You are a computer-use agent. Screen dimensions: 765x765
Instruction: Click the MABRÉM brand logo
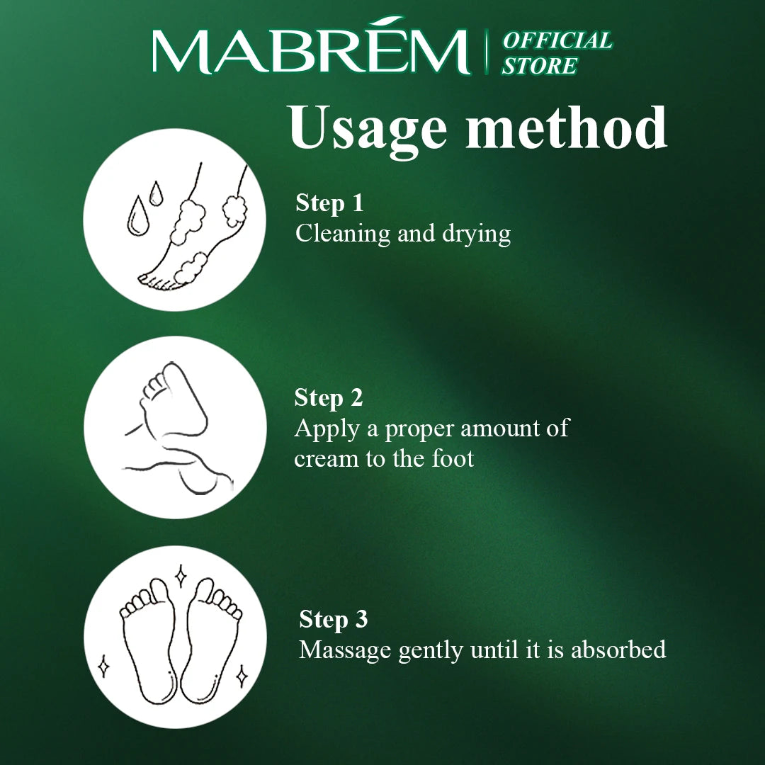coord(311,47)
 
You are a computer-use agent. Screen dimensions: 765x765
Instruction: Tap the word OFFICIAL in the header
coord(557,40)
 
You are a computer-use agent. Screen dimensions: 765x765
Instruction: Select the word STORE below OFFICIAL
coord(540,66)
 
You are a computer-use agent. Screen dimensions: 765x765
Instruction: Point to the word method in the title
coord(567,127)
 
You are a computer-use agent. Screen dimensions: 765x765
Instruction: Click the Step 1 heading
coord(329,203)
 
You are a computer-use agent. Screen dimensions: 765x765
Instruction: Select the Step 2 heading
coord(329,397)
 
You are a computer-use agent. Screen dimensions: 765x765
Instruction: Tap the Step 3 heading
coord(333,619)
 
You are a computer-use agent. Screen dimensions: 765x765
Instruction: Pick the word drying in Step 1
coord(476,234)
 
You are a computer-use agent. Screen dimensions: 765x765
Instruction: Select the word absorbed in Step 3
coord(618,650)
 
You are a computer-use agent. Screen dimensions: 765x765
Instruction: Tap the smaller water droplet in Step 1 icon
coord(156,193)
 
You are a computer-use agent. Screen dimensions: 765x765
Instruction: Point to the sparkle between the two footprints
coord(181,576)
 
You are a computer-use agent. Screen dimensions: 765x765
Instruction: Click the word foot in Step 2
coord(452,458)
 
